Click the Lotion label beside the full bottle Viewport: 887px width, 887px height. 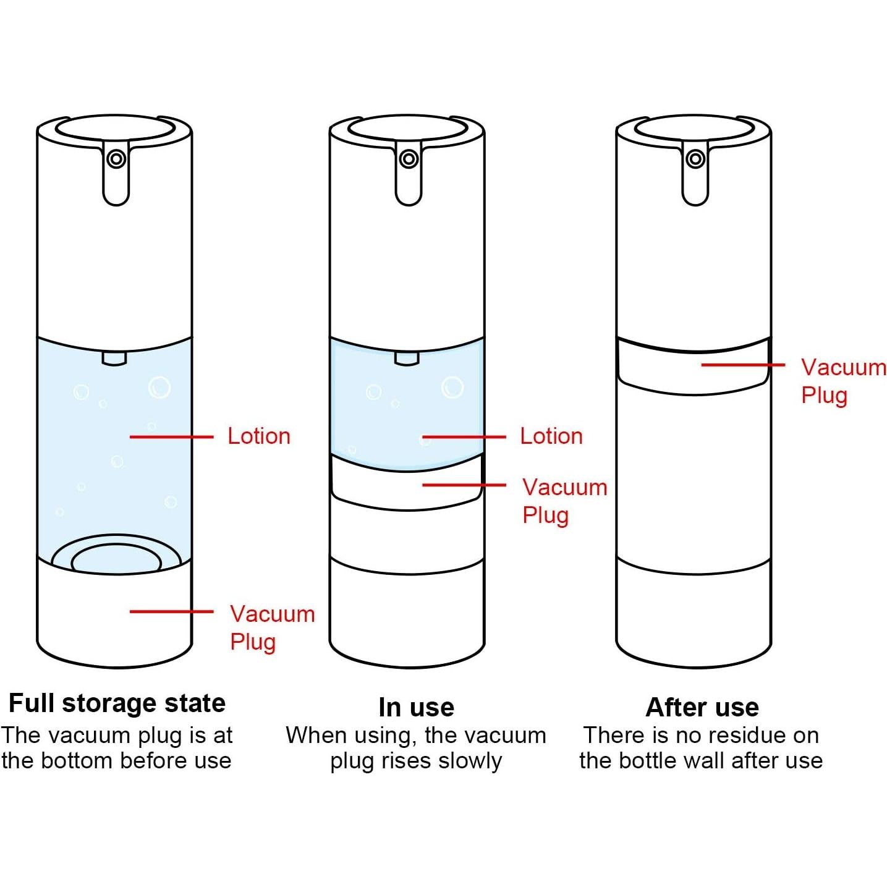[259, 436]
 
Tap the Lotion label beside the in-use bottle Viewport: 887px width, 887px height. [551, 436]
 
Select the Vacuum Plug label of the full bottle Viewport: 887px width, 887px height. [273, 628]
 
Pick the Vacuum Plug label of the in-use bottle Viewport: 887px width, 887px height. [565, 501]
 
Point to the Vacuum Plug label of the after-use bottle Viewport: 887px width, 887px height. [844, 381]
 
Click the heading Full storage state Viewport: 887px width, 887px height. [117, 703]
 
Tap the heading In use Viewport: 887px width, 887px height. [416, 708]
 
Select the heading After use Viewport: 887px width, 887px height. [702, 708]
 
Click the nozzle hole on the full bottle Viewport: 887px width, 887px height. [116, 159]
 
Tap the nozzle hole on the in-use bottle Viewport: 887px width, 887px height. [409, 159]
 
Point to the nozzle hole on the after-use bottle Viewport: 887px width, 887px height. [695, 159]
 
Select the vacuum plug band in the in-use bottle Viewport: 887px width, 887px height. [407, 483]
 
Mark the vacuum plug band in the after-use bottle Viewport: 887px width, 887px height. [694, 367]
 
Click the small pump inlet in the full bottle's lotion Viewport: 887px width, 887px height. [114, 358]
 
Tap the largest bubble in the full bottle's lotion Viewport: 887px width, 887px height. [159, 388]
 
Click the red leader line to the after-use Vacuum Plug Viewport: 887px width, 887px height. [743, 365]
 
